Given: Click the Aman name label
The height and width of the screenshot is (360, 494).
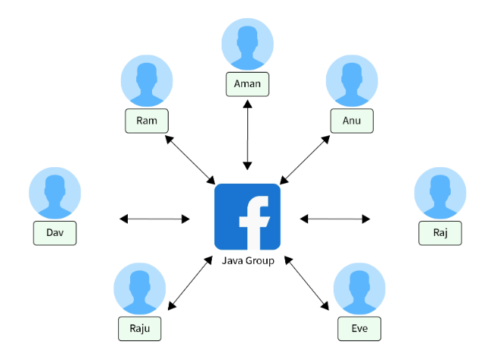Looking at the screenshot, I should click(x=247, y=84).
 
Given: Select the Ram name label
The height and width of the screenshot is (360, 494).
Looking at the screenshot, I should click(x=147, y=120).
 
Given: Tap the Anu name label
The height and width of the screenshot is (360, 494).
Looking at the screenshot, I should click(x=352, y=120).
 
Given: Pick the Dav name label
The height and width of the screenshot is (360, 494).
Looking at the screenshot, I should click(x=54, y=232).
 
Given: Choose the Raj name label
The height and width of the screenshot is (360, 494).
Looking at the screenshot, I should click(x=440, y=232).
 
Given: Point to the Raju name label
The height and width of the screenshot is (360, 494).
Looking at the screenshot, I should click(x=140, y=327).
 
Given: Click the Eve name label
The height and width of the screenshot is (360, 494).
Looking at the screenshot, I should click(x=359, y=327).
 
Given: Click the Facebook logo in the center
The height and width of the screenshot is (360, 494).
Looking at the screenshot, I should click(x=247, y=216).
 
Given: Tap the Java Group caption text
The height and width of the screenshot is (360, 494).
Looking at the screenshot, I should click(x=247, y=261).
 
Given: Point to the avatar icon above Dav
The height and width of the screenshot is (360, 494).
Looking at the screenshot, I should click(x=54, y=194).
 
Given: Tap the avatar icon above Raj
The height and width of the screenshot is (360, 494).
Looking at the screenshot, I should click(x=440, y=194).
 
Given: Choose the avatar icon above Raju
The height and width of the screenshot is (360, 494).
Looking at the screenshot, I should click(x=140, y=289).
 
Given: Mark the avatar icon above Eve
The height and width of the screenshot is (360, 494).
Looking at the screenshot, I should click(x=359, y=289).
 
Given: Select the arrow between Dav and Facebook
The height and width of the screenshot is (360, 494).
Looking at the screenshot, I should click(x=155, y=219).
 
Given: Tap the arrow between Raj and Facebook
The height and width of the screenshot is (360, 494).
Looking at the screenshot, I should click(x=335, y=219).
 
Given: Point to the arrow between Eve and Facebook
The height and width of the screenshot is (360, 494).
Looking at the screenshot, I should click(x=308, y=284).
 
